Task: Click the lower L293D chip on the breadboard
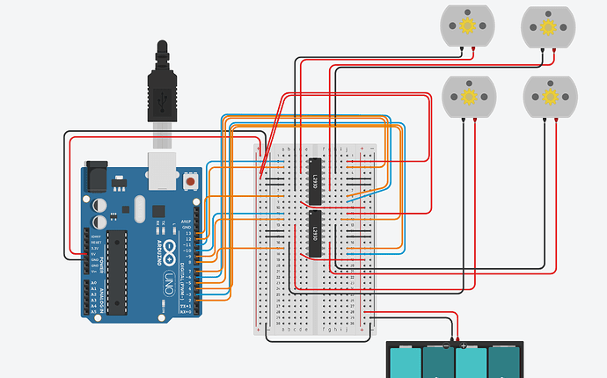[315, 234]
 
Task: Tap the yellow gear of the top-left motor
[467, 26]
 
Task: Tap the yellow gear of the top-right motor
[548, 26]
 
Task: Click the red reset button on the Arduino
[190, 182]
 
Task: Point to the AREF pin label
[186, 221]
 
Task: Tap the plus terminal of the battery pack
[463, 346]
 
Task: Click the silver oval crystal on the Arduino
[138, 209]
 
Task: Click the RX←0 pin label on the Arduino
[185, 312]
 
